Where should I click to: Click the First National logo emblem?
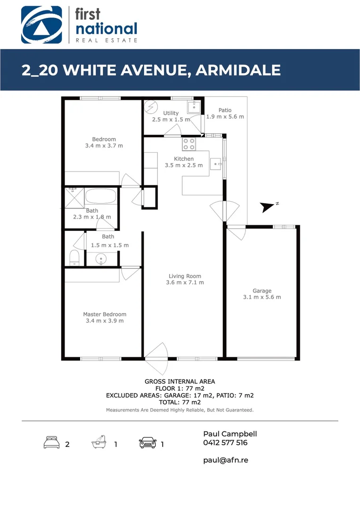pos(41,25)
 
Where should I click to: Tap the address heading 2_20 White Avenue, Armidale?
pos(151,70)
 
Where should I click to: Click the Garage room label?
pos(262,291)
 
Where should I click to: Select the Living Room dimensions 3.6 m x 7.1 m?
pos(185,283)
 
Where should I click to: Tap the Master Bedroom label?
pos(105,314)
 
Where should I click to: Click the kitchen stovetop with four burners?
pos(189,143)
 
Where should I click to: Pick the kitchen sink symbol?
pos(217,164)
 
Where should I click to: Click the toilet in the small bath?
pos(74,258)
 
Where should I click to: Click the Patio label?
pos(225,110)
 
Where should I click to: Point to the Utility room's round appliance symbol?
pos(151,107)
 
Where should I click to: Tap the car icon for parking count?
pos(147,443)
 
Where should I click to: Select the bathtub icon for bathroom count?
pos(98,443)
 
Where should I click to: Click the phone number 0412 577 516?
pos(225,443)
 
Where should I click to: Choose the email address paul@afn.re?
pos(225,460)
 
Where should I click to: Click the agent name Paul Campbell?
pos(230,434)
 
